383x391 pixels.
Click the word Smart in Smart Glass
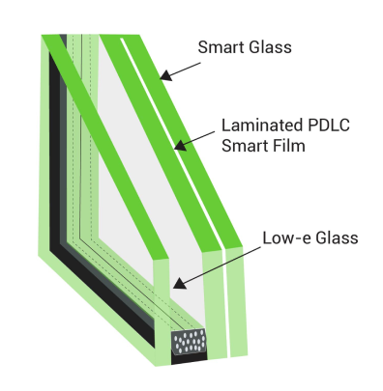point(221,47)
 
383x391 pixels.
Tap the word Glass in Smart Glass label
point(270,47)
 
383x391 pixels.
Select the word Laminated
point(262,126)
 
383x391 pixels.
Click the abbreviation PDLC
point(329,126)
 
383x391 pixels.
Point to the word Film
point(290,146)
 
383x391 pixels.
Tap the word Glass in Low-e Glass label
point(337,238)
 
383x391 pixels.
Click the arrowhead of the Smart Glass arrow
point(165,76)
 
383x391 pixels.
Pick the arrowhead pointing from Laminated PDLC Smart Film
point(180,145)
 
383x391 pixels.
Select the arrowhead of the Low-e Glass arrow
point(179,284)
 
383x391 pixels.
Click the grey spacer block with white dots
point(189,342)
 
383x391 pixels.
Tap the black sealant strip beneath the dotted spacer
point(190,358)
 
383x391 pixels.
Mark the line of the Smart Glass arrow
point(183,70)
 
